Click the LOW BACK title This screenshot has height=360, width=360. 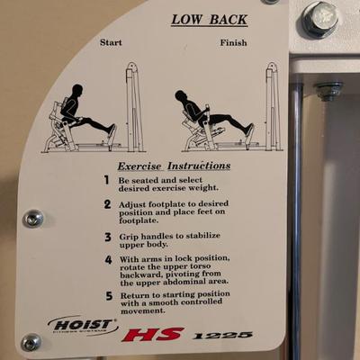(210, 20)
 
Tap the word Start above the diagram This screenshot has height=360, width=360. (111, 42)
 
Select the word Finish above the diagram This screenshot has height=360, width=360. (233, 42)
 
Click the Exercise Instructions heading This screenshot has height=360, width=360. (174, 166)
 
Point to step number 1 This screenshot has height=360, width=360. (106, 180)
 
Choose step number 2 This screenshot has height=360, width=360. (107, 204)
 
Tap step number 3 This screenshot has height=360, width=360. (108, 238)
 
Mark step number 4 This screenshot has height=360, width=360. (108, 260)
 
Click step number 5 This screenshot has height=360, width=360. (109, 296)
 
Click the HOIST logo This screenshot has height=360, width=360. (83, 326)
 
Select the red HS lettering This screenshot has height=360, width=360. (152, 335)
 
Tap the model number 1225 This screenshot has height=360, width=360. (222, 335)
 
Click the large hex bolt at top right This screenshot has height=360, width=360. (319, 19)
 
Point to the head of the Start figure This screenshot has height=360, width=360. (77, 90)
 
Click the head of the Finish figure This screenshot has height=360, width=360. (181, 96)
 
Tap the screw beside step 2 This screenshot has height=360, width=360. (33, 219)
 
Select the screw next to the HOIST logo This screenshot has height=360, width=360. (31, 342)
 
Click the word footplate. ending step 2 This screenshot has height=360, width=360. (139, 220)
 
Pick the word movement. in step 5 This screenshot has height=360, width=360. (143, 311)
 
